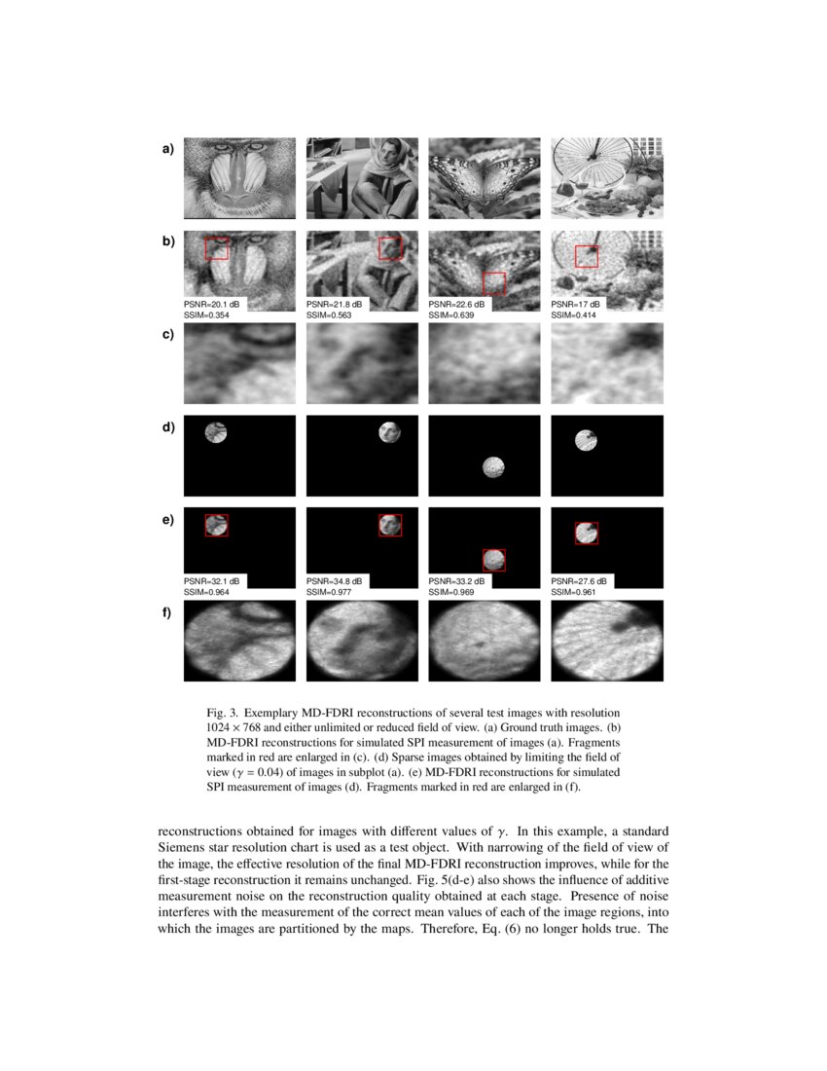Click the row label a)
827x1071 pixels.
point(167,149)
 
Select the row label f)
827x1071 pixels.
point(167,612)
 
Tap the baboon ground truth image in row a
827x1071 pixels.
point(239,177)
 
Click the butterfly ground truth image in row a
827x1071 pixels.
point(485,177)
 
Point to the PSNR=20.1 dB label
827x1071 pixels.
point(212,305)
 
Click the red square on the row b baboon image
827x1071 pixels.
point(217,248)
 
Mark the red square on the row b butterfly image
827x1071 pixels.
point(494,282)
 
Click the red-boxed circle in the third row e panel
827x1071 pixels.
point(494,559)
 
